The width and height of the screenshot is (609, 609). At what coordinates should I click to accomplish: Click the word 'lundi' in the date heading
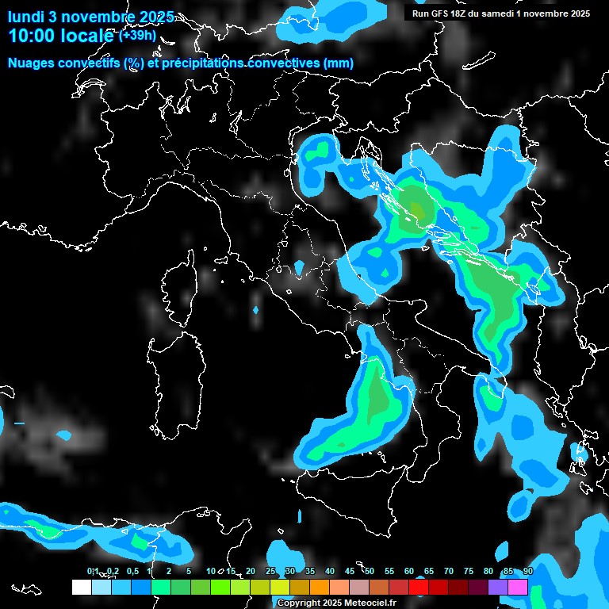click(x=25, y=16)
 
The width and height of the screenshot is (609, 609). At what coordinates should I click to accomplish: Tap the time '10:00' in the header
click(x=31, y=36)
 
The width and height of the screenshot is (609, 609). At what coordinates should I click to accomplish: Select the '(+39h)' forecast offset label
click(x=137, y=36)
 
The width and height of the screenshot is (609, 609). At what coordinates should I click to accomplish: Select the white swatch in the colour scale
click(x=81, y=587)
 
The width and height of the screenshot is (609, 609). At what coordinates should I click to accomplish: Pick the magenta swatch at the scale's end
click(x=518, y=587)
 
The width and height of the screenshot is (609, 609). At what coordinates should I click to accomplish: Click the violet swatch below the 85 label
click(x=498, y=587)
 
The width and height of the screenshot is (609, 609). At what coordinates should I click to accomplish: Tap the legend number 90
click(x=528, y=572)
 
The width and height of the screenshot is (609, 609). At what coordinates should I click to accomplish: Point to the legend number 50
click(x=370, y=572)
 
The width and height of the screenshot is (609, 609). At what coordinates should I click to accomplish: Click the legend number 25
click(x=270, y=572)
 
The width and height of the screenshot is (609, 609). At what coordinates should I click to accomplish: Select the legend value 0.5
click(x=132, y=572)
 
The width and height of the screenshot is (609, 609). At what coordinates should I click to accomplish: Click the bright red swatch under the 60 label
click(x=419, y=587)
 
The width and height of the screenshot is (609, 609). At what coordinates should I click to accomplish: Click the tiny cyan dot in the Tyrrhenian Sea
click(x=255, y=310)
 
